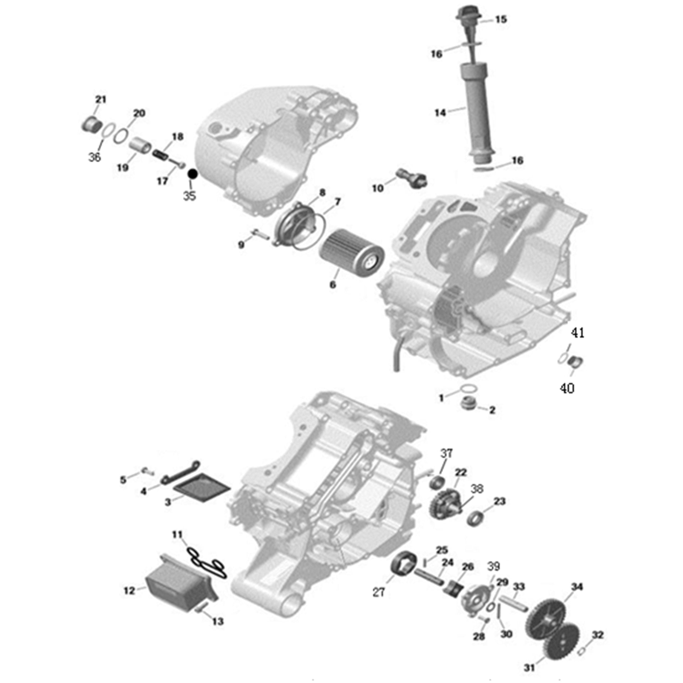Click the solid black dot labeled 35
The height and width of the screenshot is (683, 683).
tap(193, 174)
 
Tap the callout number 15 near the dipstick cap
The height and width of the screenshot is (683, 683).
tap(501, 19)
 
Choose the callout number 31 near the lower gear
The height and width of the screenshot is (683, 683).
tap(529, 668)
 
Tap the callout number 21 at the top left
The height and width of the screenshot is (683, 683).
tap(101, 99)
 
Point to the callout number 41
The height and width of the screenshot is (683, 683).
tap(578, 333)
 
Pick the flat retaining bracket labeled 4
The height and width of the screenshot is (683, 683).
tap(180, 472)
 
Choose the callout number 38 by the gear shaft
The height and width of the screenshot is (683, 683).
tap(477, 489)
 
